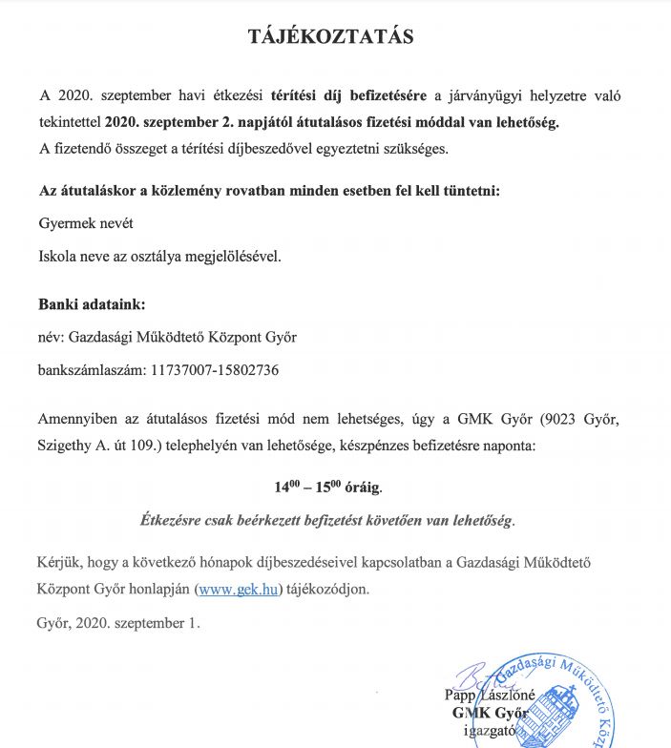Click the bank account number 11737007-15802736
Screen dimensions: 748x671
(x=215, y=369)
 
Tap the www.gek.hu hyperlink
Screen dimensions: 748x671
(x=239, y=589)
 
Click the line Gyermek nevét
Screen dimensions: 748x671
(x=85, y=222)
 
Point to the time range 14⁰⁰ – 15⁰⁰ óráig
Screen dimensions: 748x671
(x=327, y=487)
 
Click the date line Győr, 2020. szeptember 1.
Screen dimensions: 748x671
(x=119, y=623)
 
